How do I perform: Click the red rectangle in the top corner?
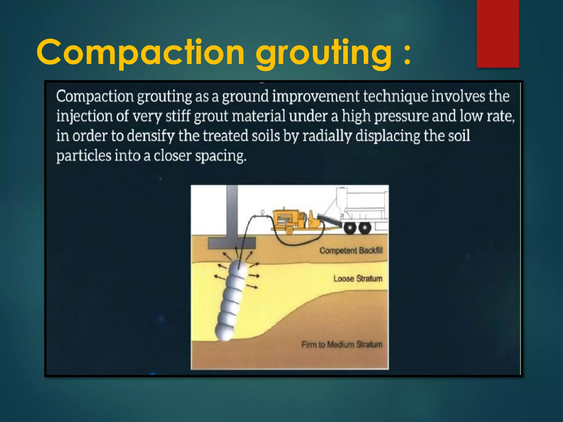[498, 34]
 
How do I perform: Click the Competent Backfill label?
[351, 251]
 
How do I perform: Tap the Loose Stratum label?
[358, 279]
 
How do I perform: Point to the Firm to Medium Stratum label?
[342, 345]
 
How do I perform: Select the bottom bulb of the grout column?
[225, 332]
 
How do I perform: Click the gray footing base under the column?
[232, 243]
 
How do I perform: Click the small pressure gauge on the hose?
[262, 212]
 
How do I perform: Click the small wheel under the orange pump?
[289, 230]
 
